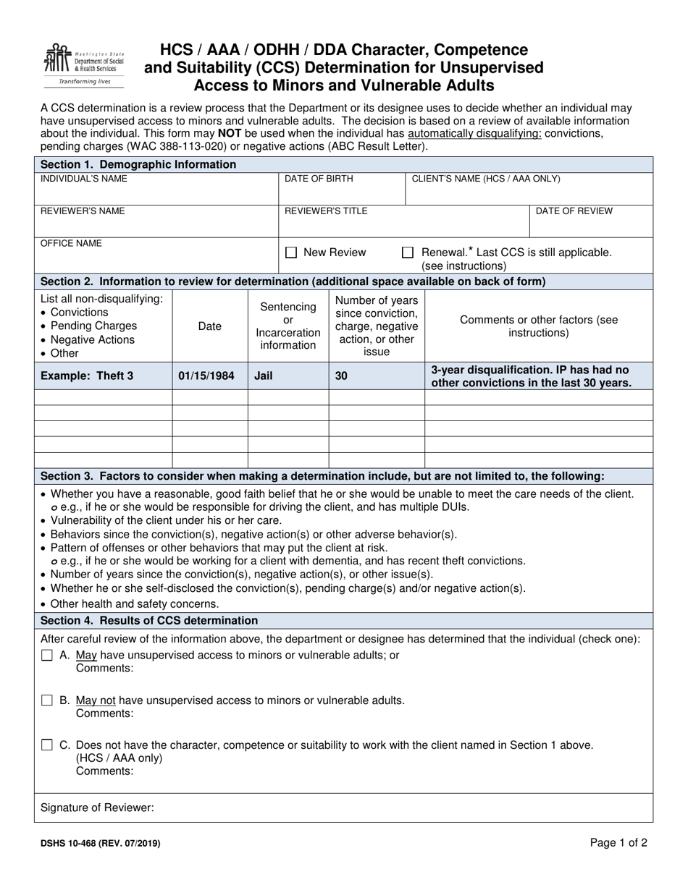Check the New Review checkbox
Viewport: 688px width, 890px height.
(x=291, y=253)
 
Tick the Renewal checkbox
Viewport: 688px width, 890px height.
(x=408, y=253)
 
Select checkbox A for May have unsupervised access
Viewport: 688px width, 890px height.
(x=47, y=656)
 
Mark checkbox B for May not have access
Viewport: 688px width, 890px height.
(x=47, y=700)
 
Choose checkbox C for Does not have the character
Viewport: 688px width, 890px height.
(x=47, y=745)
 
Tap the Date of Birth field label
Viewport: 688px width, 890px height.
(x=319, y=179)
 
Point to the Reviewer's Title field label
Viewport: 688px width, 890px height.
(x=326, y=211)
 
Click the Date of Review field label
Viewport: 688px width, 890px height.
(x=574, y=211)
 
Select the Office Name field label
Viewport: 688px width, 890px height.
(x=71, y=244)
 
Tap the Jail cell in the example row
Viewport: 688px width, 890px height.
(x=264, y=376)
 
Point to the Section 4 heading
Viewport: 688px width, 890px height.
(x=149, y=620)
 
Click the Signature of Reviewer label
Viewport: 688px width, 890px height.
(x=97, y=808)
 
